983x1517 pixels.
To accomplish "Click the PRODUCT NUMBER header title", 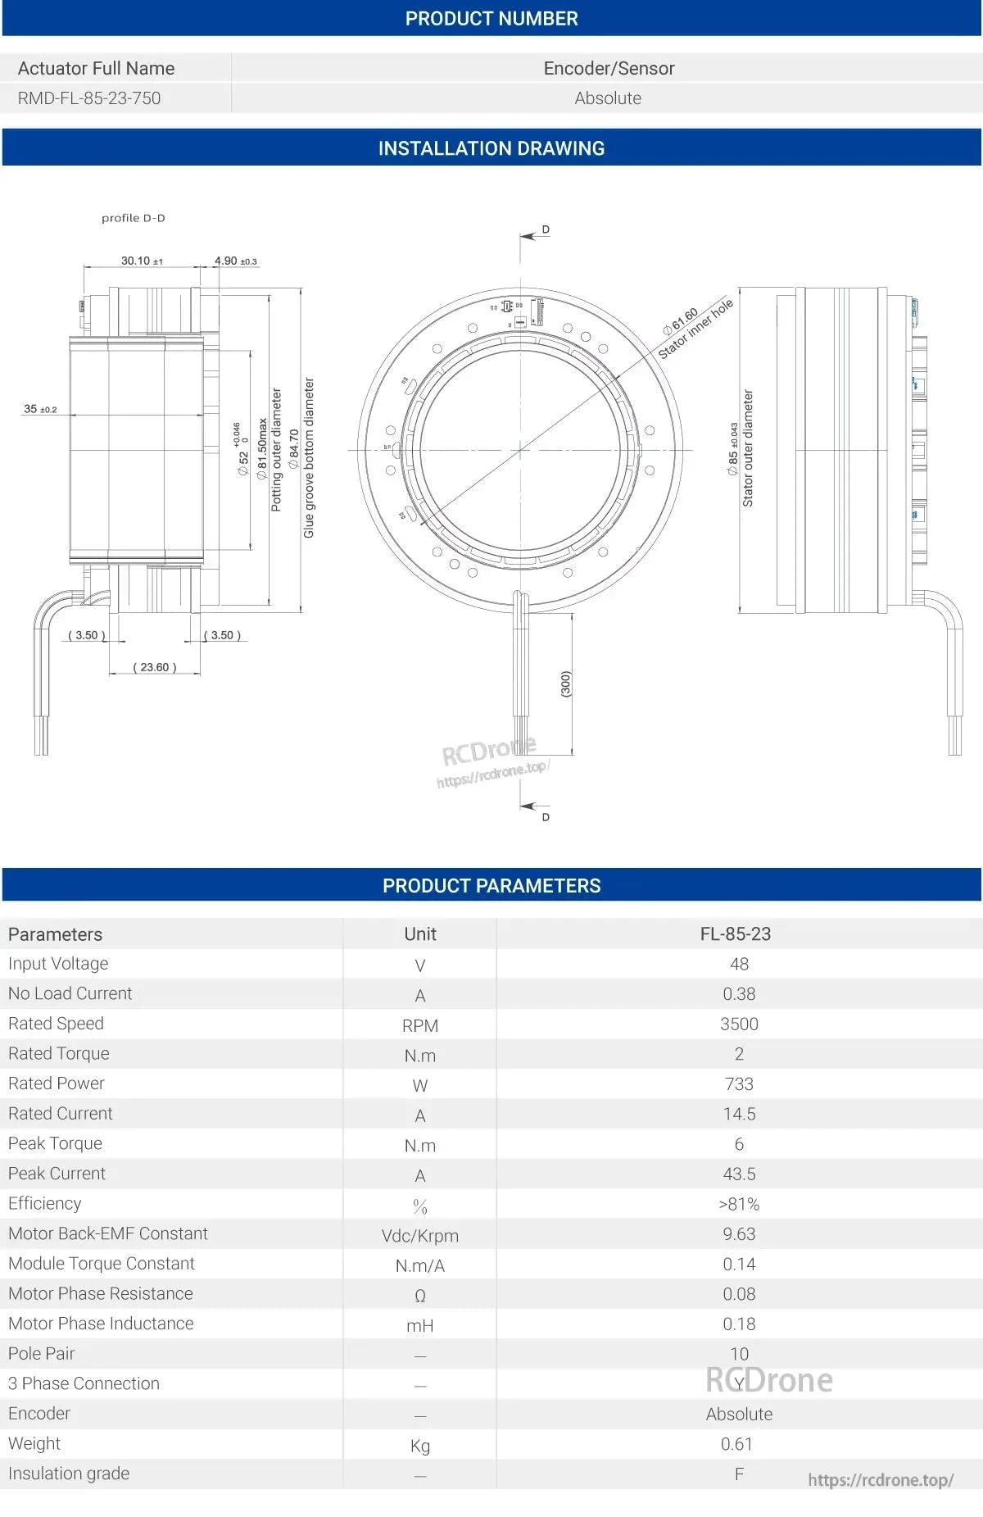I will pos(491,18).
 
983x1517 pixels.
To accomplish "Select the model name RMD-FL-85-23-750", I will pos(89,98).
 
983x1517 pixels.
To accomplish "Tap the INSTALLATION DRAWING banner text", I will pos(491,148).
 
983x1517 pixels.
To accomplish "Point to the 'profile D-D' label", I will pos(133,218).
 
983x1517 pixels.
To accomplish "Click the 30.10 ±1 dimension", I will pos(142,261).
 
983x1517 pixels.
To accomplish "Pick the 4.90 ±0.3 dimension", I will pos(235,261).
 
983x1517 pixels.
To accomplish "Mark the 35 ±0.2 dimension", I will pos(40,409).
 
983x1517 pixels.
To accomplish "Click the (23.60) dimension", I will pos(155,667).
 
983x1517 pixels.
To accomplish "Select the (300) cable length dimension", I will pos(565,684).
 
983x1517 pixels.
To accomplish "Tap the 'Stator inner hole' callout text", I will pos(695,329).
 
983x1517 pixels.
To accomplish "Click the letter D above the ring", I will pos(546,230).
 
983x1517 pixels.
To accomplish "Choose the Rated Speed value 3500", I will pos(739,1024).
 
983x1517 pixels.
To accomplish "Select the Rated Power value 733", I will pos(739,1083).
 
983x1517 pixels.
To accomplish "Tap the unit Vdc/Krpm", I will pos(419,1235).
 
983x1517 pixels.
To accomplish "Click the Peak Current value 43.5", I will pos(739,1174).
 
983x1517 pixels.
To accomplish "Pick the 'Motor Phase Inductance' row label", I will pos(101,1323).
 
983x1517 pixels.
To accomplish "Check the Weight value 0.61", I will pos(736,1443).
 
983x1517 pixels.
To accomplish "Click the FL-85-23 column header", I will pos(735,933).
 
